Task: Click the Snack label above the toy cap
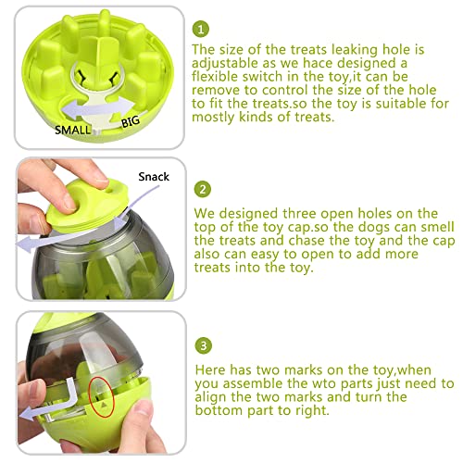[155, 173]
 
